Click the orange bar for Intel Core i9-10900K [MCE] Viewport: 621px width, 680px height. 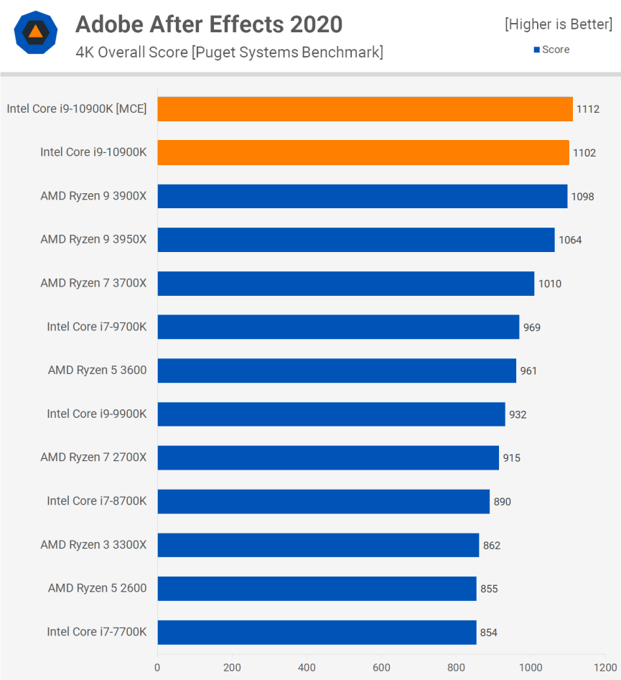[x=365, y=109]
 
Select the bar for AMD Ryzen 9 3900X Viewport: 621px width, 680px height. [x=362, y=196]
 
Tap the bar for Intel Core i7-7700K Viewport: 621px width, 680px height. [x=317, y=632]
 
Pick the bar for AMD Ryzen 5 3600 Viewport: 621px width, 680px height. [x=337, y=371]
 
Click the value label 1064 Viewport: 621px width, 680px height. [x=570, y=240]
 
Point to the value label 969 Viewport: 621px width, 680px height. [x=532, y=327]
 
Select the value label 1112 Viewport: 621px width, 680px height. [x=587, y=109]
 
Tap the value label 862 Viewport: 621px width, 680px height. [x=492, y=545]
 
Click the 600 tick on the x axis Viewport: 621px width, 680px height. [x=381, y=667]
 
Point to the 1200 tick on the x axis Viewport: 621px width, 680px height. [x=604, y=667]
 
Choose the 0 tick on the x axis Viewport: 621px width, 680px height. [x=157, y=667]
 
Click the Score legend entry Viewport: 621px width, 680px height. [x=551, y=50]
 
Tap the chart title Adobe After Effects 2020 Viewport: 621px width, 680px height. [x=209, y=25]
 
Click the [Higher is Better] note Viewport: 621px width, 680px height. [x=559, y=24]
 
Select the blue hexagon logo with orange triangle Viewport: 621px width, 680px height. [x=35, y=32]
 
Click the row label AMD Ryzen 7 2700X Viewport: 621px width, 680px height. [x=93, y=457]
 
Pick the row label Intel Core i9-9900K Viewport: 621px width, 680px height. [x=97, y=414]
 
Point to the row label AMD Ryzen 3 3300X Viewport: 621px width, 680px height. [x=93, y=545]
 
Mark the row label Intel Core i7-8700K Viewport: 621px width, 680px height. [x=97, y=501]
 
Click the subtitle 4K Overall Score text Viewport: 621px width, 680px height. [x=229, y=52]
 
